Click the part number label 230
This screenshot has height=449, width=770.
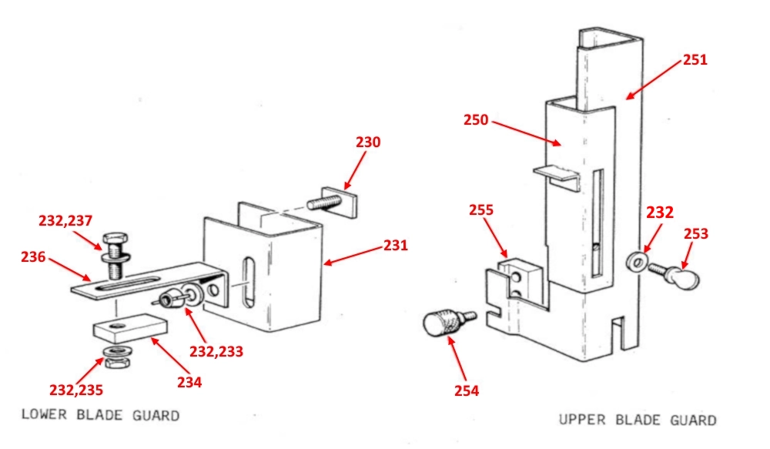tap(368, 142)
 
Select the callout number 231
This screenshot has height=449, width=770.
tap(395, 245)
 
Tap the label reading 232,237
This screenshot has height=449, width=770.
tap(65, 220)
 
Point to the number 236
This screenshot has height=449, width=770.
tap(33, 256)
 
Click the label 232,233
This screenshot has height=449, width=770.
tap(216, 351)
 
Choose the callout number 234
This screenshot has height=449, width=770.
tap(189, 382)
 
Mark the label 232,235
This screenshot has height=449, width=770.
tap(76, 390)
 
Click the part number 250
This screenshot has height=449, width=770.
tap(476, 120)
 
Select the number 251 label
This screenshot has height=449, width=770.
tap(695, 60)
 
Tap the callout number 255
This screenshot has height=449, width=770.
tap(480, 209)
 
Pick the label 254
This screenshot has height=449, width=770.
tap(466, 390)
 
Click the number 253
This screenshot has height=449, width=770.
tap(696, 233)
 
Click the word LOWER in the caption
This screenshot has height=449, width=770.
tap(44, 414)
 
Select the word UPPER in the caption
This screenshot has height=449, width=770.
tap(582, 420)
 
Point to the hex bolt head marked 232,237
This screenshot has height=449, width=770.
tap(115, 241)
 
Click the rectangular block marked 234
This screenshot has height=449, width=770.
tap(130, 328)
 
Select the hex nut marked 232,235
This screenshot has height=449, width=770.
tap(117, 363)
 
